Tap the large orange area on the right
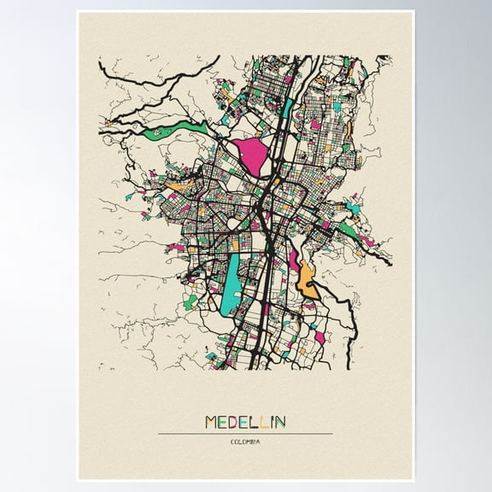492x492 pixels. coord(307,278)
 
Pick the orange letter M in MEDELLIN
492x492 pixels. coord(212,422)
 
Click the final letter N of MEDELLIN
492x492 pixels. coord(281,422)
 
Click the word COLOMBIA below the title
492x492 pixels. coord(245,442)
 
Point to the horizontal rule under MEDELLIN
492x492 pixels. coord(245,434)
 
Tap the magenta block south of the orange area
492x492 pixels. coord(319,337)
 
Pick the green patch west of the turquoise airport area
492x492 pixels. coord(191,302)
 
